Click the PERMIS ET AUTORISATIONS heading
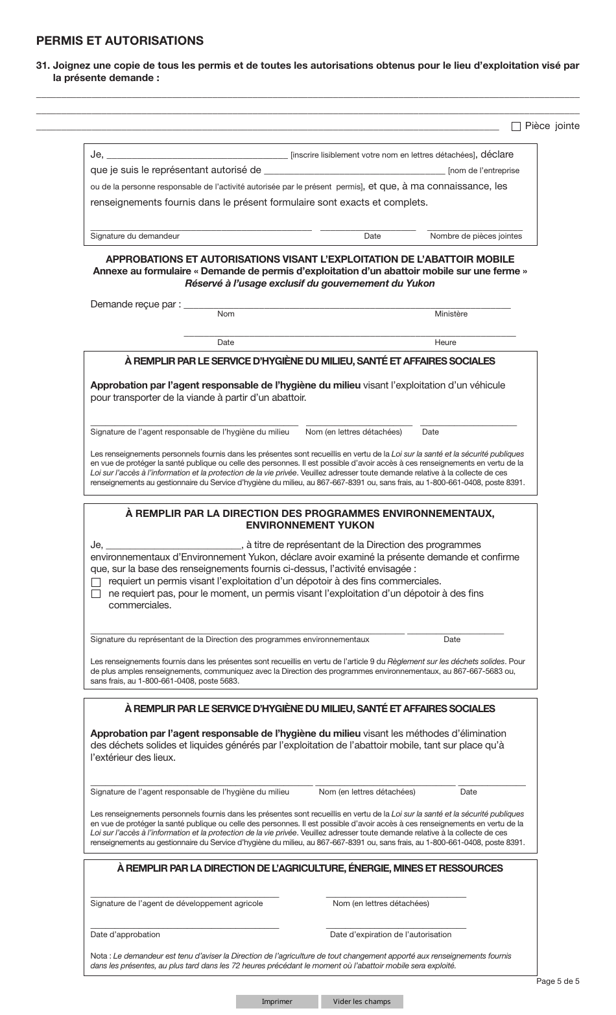(x=119, y=41)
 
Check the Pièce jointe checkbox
(x=516, y=126)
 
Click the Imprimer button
(x=277, y=1001)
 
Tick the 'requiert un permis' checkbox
(x=96, y=582)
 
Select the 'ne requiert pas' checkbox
(x=96, y=594)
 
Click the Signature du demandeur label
(x=135, y=236)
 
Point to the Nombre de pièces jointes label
(x=475, y=236)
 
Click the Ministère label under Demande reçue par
(x=451, y=314)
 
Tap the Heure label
(x=445, y=342)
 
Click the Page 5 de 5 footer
(x=558, y=981)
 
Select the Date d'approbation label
(x=125, y=935)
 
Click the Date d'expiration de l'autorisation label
(x=390, y=935)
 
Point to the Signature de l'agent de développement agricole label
(x=176, y=903)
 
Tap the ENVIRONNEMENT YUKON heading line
(x=310, y=525)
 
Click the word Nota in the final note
(x=99, y=956)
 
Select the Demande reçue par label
(x=136, y=304)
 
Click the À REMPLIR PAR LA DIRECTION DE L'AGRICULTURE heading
(x=310, y=868)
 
